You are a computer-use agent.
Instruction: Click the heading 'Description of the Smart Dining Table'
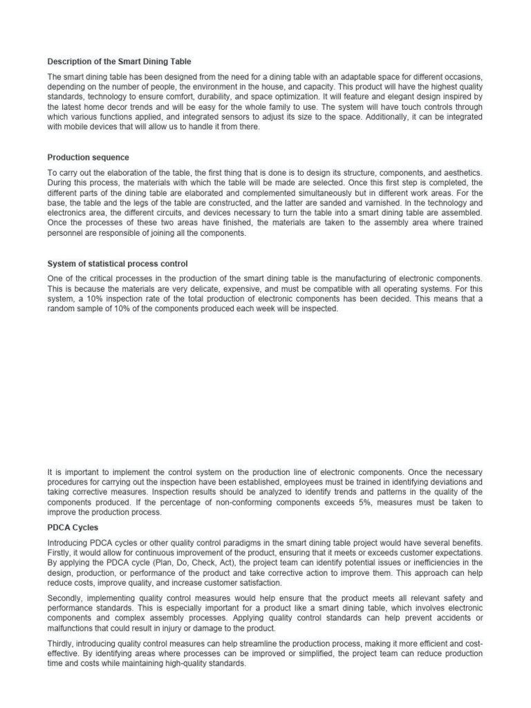119,62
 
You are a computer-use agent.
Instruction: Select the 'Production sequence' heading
88,158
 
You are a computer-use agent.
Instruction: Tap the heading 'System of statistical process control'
118,263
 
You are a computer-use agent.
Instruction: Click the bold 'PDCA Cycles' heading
72,526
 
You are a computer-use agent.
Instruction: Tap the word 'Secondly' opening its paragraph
66,597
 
